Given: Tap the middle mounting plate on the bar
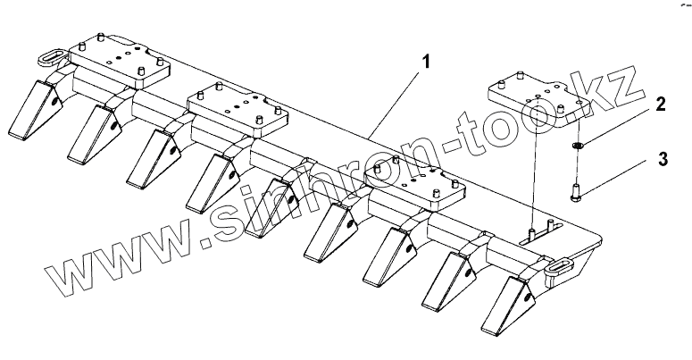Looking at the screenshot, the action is pyautogui.click(x=238, y=112).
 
